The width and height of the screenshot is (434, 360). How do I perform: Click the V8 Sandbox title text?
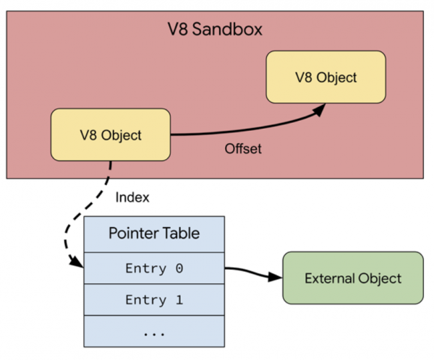(216, 30)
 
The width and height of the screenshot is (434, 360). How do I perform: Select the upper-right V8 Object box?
(326, 76)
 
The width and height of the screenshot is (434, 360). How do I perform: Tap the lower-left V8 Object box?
(111, 134)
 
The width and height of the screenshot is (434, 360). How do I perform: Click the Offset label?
(242, 150)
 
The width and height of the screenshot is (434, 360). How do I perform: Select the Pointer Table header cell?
(154, 233)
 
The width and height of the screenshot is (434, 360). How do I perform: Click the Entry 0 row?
(154, 268)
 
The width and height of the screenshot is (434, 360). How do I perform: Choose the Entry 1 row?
(154, 299)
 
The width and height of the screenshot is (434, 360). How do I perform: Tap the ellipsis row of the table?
(154, 332)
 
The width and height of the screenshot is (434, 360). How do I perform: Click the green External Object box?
(352, 278)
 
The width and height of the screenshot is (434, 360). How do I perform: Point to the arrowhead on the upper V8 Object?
(319, 108)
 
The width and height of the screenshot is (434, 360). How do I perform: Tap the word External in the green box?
(328, 278)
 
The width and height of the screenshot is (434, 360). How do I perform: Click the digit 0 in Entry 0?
(179, 268)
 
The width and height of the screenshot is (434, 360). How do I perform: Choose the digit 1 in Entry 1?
(179, 299)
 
